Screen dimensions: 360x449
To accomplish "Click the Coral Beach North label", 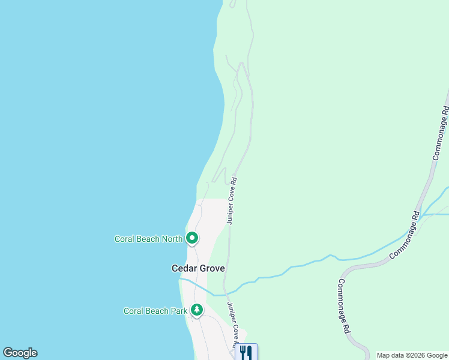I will (x=148, y=239).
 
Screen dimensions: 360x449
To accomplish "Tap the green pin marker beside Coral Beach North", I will (x=192, y=238).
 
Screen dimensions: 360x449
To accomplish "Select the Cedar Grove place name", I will (x=198, y=268).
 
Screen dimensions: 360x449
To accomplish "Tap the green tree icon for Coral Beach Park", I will (x=196, y=310).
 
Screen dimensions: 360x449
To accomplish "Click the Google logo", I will (x=20, y=353).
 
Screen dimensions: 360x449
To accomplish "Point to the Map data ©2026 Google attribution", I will (x=412, y=355).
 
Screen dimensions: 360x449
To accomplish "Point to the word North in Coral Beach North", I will (x=171, y=239).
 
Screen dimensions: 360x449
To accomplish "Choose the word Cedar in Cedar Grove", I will (x=184, y=268).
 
